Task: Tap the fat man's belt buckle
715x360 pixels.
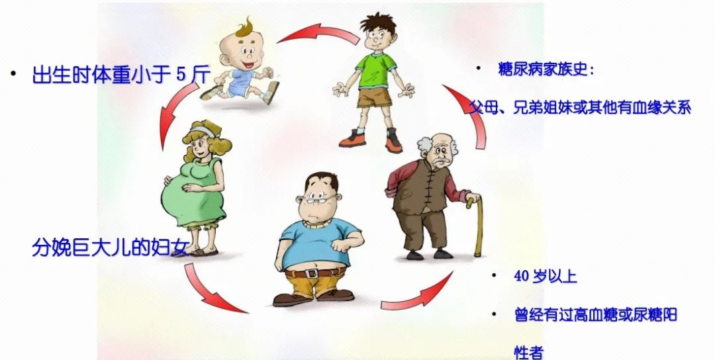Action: [x=311, y=273]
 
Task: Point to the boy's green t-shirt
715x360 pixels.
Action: [x=376, y=71]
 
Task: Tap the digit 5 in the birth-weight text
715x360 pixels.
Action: [x=181, y=74]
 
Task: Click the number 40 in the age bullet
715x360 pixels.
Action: [x=521, y=277]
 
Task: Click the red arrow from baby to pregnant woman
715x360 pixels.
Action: [x=172, y=113]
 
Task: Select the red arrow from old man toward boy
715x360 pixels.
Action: [x=469, y=114]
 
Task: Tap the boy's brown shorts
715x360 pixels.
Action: [x=374, y=97]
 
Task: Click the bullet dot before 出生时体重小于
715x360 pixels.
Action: [x=14, y=73]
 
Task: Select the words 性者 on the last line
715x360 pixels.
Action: [x=529, y=353]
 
